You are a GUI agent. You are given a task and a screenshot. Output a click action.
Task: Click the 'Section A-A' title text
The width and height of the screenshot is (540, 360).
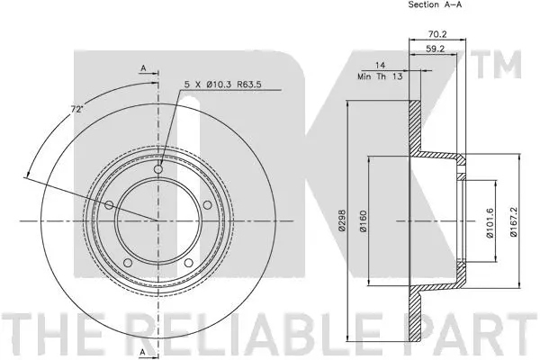437,5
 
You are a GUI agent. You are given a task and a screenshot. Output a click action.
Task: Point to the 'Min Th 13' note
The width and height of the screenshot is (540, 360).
380,77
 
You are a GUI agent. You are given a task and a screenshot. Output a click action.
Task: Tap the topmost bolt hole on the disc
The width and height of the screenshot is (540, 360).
159,169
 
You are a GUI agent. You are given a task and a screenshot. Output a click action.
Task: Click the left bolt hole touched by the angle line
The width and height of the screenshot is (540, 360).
110,206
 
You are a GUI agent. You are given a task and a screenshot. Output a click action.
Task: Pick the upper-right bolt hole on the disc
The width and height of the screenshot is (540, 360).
208,205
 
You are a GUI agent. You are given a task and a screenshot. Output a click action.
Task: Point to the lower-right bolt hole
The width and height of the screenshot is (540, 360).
190,263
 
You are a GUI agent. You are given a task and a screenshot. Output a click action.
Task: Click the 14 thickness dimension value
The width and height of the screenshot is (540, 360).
381,66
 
